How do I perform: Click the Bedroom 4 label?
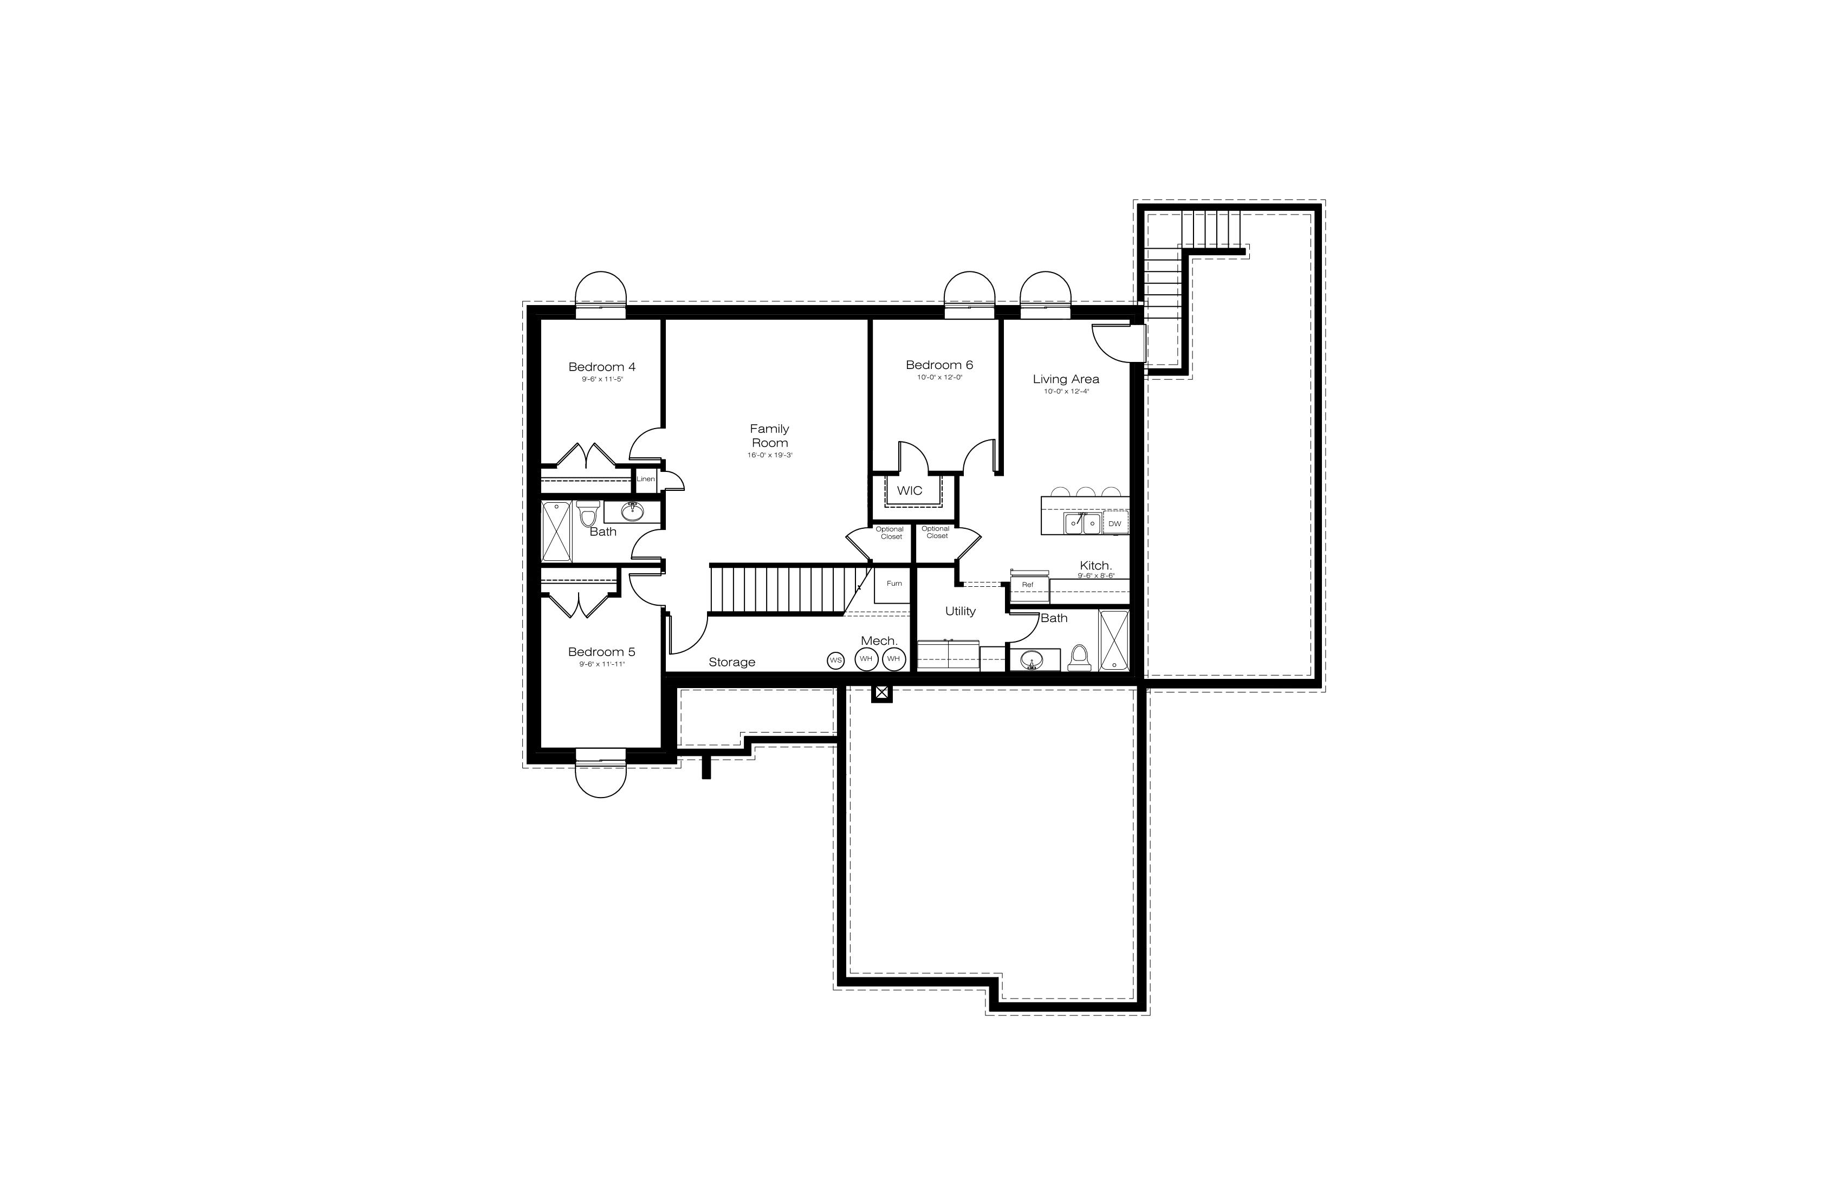601,367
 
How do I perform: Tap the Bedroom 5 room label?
601,652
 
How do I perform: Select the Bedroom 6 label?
939,365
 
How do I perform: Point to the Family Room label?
769,436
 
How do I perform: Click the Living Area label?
1066,379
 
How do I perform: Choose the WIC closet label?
910,491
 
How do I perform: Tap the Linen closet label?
645,479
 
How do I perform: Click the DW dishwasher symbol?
1114,524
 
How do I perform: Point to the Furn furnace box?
893,585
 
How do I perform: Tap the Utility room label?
961,612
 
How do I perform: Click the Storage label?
731,663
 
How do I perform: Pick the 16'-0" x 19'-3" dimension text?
769,455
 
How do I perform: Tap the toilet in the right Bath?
1078,658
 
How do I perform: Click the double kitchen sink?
1082,524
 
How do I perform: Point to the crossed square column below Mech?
881,693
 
